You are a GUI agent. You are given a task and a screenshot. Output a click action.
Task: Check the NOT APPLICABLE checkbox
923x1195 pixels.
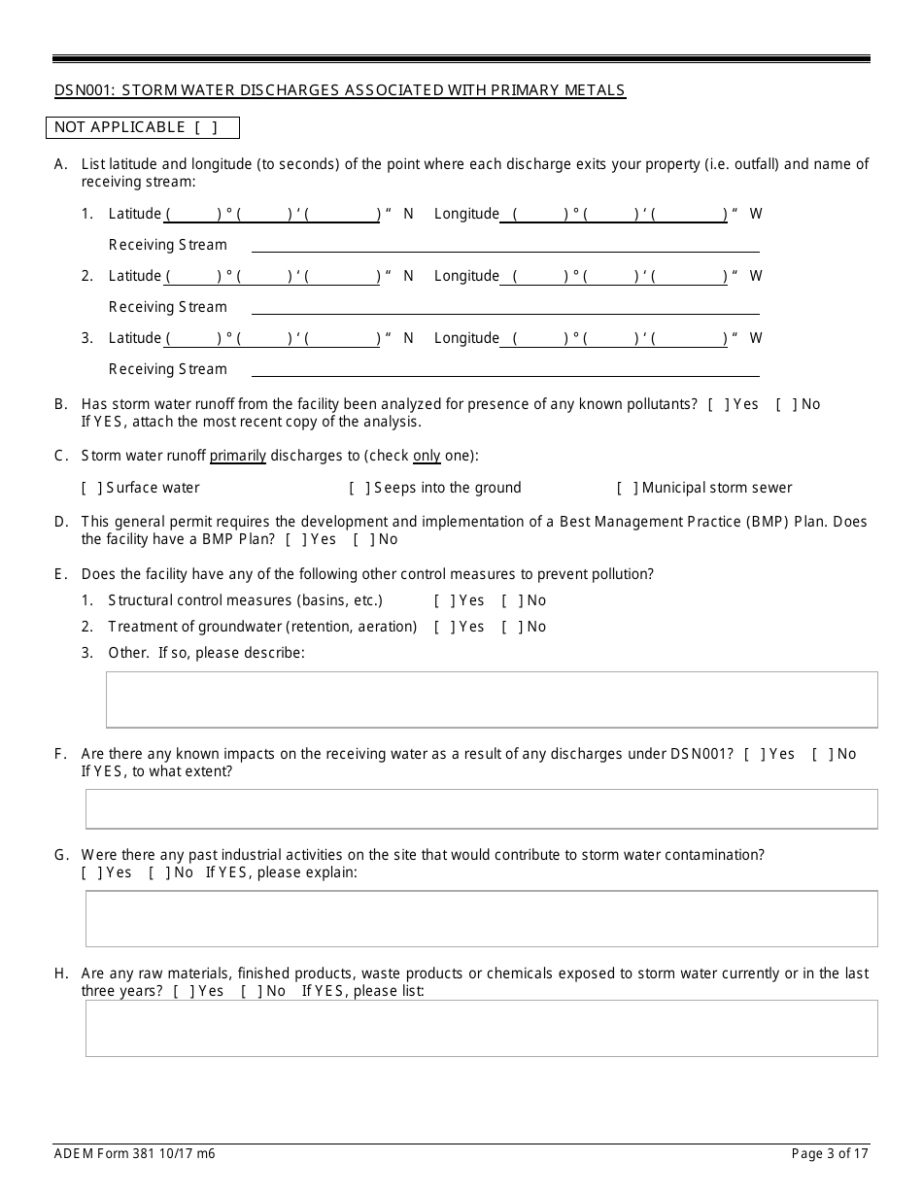(205, 127)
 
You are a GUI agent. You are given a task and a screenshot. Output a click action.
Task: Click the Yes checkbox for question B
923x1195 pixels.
(718, 404)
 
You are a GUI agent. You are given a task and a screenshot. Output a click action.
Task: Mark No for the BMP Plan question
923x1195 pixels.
(362, 539)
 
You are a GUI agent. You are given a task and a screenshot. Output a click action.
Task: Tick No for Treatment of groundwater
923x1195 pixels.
(511, 627)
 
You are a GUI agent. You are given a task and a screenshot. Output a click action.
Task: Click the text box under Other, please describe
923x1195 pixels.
(491, 700)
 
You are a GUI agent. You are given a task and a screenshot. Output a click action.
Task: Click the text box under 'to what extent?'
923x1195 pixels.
(481, 808)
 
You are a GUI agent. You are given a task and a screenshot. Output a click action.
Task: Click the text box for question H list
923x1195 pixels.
(481, 1028)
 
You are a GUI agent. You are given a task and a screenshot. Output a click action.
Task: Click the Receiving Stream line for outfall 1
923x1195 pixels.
(505, 245)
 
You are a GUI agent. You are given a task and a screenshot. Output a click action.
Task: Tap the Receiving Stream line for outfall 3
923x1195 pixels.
(505, 369)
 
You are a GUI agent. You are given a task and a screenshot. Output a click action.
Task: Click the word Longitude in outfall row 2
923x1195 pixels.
(466, 276)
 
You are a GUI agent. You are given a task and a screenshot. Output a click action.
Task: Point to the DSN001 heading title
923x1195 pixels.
(340, 90)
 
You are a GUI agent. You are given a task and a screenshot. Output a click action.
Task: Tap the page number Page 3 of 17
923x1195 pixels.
(830, 1154)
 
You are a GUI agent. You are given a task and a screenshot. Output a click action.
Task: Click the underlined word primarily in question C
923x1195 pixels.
(238, 456)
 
